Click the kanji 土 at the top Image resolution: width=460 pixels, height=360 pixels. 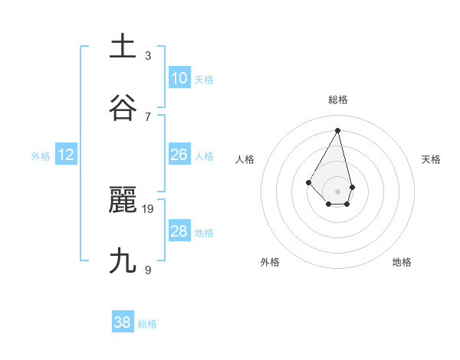click(123, 47)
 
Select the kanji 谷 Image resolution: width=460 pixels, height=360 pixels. click(123, 108)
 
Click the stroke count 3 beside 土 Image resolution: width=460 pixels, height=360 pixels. click(148, 55)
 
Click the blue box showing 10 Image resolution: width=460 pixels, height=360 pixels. click(179, 78)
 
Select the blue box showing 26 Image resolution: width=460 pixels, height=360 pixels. click(179, 155)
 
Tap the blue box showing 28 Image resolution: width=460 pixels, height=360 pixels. click(179, 231)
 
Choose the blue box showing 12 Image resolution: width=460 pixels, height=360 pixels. click(66, 155)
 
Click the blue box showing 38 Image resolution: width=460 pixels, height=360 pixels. click(123, 322)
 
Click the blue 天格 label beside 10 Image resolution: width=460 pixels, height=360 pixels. click(204, 80)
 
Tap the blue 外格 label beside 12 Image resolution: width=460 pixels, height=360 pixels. click(41, 156)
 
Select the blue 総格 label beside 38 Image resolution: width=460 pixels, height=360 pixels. click(147, 324)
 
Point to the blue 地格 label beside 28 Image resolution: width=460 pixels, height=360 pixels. click(204, 233)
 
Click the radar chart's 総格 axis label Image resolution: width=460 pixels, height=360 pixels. click(338, 100)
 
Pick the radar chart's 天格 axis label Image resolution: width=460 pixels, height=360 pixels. click(432, 159)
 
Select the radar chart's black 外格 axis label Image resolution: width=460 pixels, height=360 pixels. click(270, 262)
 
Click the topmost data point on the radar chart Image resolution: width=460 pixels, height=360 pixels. click(337, 129)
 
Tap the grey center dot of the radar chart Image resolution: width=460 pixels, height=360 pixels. click(337, 191)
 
